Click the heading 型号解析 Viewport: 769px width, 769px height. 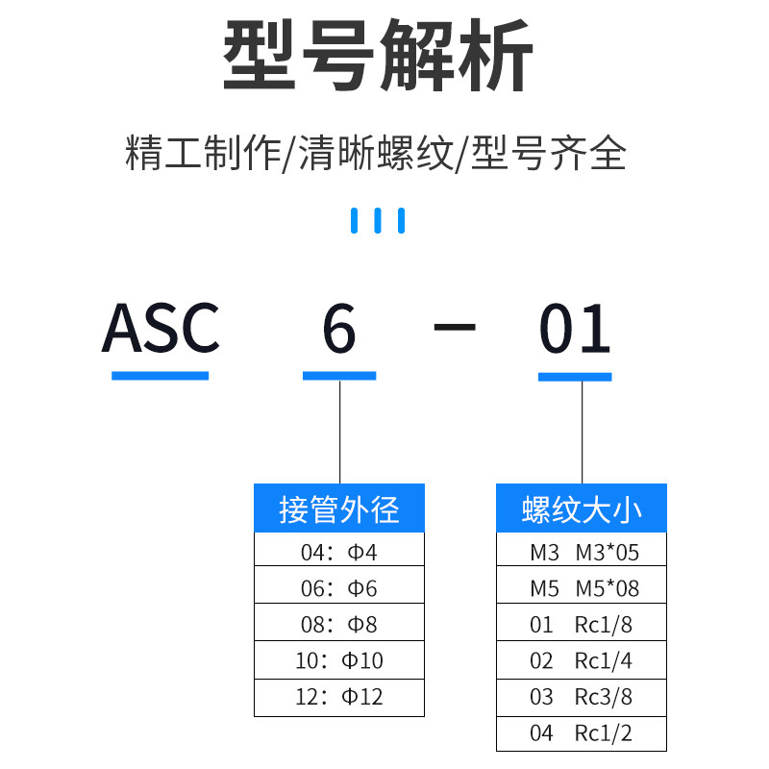pos(378,60)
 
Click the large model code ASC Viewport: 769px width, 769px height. pos(161,329)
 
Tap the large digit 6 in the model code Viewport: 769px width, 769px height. pos(339,329)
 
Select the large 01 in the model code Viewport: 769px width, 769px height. pos(575,329)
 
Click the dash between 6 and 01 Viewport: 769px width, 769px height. pos(455,327)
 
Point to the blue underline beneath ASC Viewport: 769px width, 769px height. pos(160,375)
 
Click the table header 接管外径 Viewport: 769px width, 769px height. pos(338,509)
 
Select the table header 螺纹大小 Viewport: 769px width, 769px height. pos(581,509)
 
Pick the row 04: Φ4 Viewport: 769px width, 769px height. pos(338,552)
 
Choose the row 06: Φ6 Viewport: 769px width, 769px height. pos(338,587)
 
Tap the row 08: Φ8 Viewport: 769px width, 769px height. pos(338,624)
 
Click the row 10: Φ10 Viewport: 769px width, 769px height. pos(338,660)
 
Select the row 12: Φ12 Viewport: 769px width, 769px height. pos(338,696)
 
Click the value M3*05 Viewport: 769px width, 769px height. pos(607,552)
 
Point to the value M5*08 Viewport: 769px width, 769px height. pos(607,587)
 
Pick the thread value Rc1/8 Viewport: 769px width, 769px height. pos(603,625)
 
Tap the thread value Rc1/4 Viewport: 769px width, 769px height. pos(603,660)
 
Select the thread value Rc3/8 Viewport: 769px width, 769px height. pos(603,696)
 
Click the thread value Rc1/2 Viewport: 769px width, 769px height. pos(603,732)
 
